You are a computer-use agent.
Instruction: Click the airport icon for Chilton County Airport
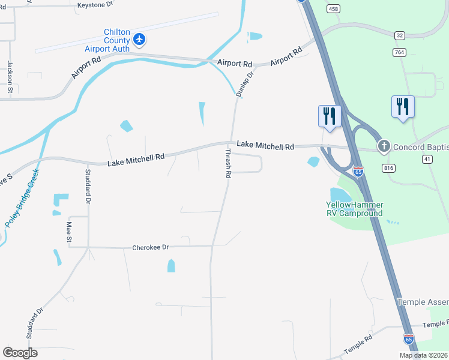140,40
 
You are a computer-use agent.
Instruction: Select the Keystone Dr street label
95,4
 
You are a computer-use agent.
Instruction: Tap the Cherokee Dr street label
150,247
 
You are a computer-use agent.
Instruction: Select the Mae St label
69,232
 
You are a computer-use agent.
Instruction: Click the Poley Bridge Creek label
23,197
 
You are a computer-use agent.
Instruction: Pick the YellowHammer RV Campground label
350,209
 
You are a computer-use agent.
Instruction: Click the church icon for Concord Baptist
383,146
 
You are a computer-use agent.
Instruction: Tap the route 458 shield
334,8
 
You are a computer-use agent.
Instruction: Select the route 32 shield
400,35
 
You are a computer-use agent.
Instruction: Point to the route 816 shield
388,169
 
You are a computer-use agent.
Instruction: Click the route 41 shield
427,158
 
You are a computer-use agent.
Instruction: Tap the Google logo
20,352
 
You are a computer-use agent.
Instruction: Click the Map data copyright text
424,355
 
